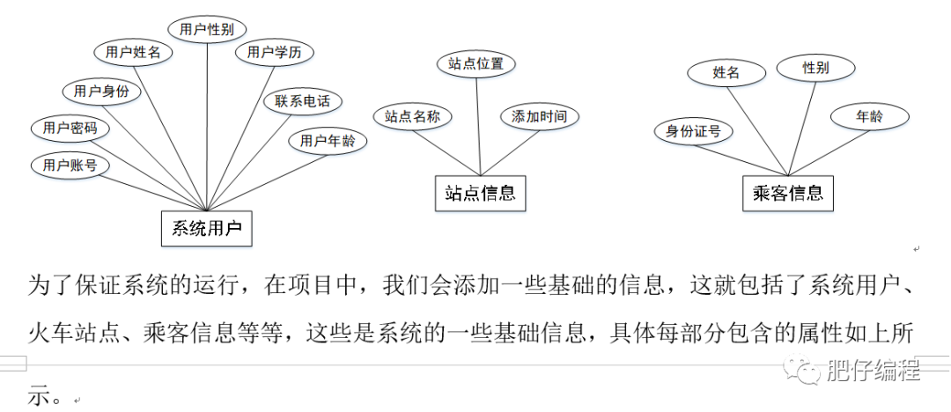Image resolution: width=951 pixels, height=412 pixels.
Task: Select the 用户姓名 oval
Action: (133, 52)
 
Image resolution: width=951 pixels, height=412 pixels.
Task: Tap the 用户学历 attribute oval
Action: (274, 53)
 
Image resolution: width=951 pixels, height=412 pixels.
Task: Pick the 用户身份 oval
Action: (101, 91)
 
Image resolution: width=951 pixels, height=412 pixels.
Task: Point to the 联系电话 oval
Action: (303, 100)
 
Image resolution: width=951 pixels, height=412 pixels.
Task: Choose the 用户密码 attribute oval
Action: (70, 129)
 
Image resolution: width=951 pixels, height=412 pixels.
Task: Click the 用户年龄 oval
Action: (328, 140)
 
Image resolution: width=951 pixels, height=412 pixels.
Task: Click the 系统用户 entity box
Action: (206, 228)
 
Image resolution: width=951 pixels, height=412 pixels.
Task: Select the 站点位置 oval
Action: (475, 63)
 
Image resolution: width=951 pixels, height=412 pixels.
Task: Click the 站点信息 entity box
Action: (480, 193)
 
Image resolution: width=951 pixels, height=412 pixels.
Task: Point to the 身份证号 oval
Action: (693, 131)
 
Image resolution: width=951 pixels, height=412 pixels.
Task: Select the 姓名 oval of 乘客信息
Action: (726, 73)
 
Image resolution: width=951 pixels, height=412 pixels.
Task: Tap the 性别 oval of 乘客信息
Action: (815, 68)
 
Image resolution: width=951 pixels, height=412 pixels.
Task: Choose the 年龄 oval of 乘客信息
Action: (869, 115)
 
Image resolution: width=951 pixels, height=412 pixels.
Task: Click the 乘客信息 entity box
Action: (788, 193)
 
